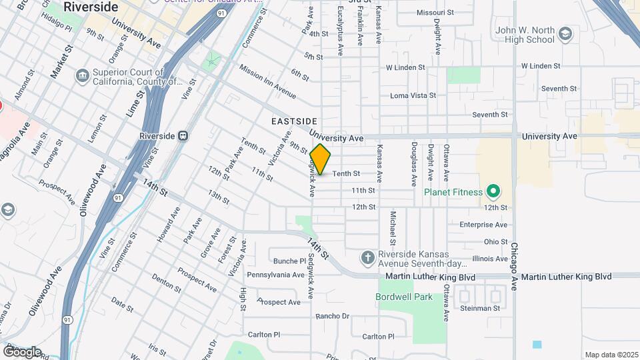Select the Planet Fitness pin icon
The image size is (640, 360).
[x=493, y=193]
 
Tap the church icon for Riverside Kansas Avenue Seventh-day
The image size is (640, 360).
[x=367, y=257]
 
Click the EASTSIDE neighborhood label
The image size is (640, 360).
[x=294, y=121]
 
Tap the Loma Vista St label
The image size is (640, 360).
[x=412, y=96]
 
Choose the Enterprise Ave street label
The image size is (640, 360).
[x=483, y=225]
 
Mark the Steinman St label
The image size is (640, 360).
[x=479, y=308]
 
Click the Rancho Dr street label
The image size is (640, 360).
[x=332, y=316]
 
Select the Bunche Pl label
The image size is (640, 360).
[x=289, y=261]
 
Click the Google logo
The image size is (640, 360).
[x=22, y=351]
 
